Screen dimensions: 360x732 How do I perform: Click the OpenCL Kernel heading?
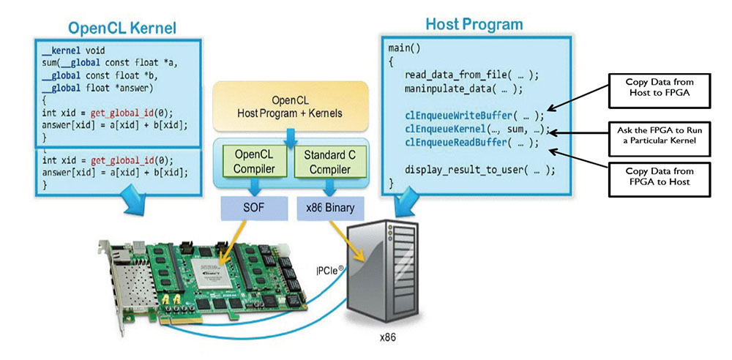tap(122, 29)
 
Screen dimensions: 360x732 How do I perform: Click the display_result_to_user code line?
tap(479, 169)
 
